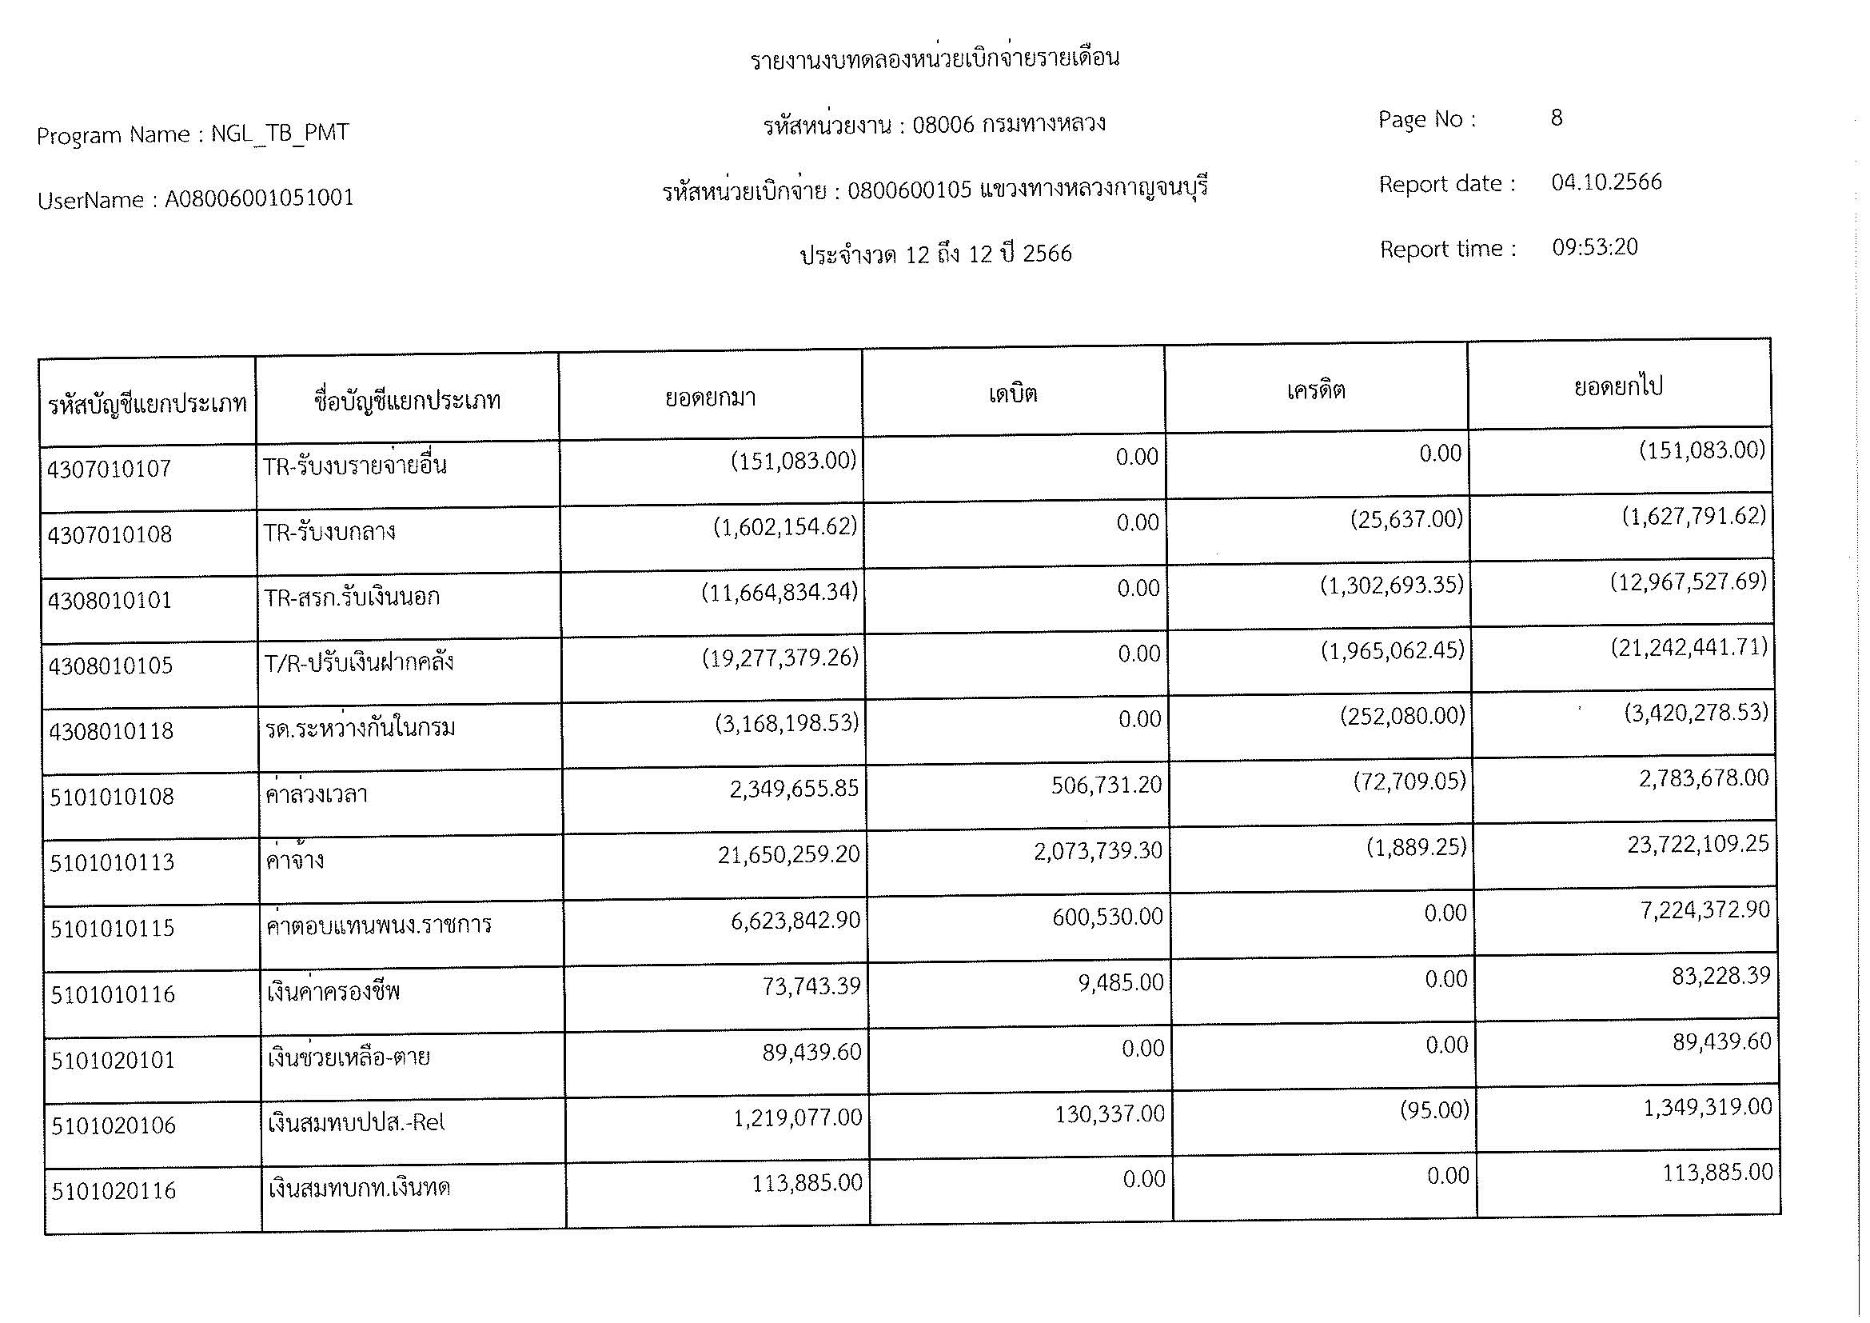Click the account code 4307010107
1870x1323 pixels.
pyautogui.click(x=110, y=470)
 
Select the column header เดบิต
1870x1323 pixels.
pyautogui.click(x=1012, y=394)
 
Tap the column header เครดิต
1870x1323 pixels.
pyautogui.click(x=1315, y=391)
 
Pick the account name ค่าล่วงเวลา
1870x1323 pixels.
pyautogui.click(x=317, y=793)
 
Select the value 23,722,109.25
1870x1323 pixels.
pyautogui.click(x=1697, y=844)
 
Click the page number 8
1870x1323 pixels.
pyautogui.click(x=1557, y=118)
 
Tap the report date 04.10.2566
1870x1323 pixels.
pyautogui.click(x=1606, y=182)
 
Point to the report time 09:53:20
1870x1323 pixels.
pyautogui.click(x=1594, y=247)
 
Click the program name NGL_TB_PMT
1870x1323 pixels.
pyautogui.click(x=279, y=133)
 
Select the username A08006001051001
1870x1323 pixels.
pyautogui.click(x=259, y=198)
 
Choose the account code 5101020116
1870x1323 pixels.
pyautogui.click(x=114, y=1191)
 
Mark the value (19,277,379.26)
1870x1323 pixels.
pyautogui.click(x=779, y=658)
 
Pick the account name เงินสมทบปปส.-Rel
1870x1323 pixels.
pyautogui.click(x=357, y=1123)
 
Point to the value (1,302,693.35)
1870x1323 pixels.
pyautogui.click(x=1391, y=585)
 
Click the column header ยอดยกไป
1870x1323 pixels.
pyautogui.click(x=1618, y=386)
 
